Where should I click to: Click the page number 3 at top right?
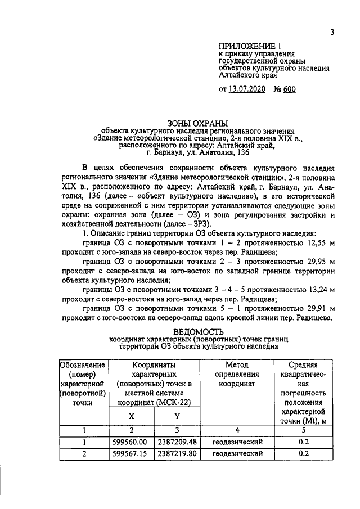coord(332,32)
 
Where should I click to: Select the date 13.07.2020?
coord(247,89)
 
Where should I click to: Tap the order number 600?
coord(289,89)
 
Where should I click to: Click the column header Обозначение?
coord(83,366)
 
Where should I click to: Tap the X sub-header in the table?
coord(132,416)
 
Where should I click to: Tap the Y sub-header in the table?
coord(177,416)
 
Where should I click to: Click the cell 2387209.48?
coord(177,442)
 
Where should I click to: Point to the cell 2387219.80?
coord(177,453)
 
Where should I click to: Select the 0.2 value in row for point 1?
coord(304,442)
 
